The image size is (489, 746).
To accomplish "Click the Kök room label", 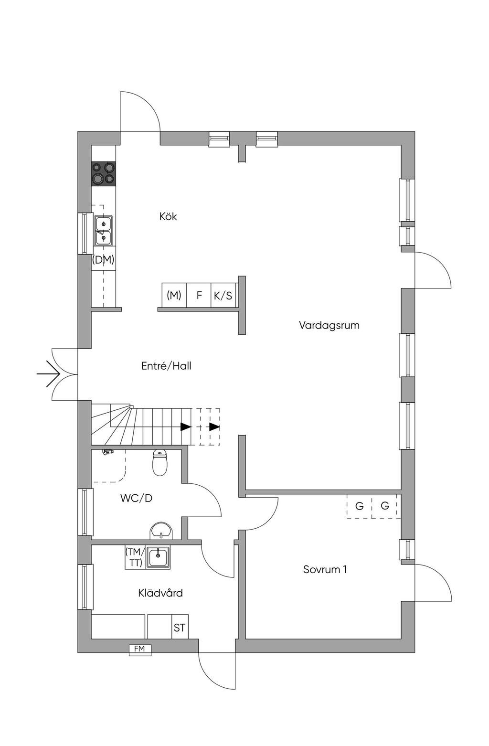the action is click(168, 217).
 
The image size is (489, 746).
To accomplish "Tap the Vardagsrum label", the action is click(329, 325).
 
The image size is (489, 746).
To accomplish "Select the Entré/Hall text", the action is click(166, 366).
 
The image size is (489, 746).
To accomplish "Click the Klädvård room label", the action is click(160, 593).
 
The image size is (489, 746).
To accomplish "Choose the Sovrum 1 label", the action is click(325, 569).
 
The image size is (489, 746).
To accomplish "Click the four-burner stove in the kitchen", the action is click(104, 173).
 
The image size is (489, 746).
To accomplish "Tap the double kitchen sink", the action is click(104, 231).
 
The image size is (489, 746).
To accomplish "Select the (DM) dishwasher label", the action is click(103, 259).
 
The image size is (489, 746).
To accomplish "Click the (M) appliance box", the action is click(174, 295).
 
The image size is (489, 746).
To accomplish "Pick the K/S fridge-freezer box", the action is click(223, 295).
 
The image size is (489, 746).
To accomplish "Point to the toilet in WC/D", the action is click(160, 462).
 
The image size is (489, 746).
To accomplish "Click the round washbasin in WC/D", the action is click(161, 531).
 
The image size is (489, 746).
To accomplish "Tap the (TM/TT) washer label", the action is click(135, 557).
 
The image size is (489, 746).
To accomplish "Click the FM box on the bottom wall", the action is click(140, 649).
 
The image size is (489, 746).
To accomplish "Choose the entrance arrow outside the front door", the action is click(48, 374).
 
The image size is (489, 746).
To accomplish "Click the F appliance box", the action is click(199, 295).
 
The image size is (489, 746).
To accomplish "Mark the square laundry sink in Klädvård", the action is click(158, 557).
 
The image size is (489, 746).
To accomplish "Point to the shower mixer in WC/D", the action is click(107, 452).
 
